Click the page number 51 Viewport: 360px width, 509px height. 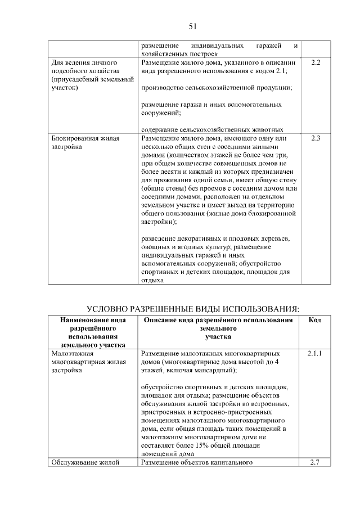(x=192, y=26)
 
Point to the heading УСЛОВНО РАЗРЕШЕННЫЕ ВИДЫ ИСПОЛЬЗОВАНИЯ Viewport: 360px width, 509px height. (x=192, y=309)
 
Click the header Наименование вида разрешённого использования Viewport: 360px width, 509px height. (x=93, y=332)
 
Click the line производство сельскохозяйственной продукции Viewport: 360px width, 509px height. (x=216, y=88)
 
